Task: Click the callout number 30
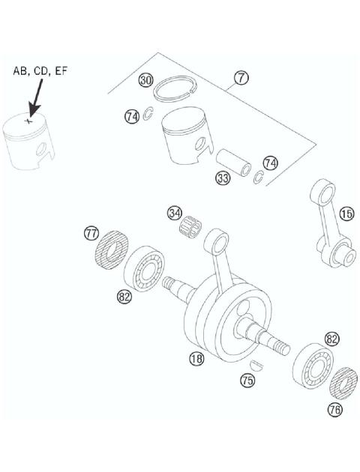pos(146,80)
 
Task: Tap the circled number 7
pos(241,77)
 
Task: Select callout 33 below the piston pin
pos(223,178)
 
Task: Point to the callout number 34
pos(175,214)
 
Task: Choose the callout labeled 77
pos(91,235)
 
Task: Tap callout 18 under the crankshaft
pos(196,359)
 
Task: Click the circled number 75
pos(247,381)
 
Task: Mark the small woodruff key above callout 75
pos(255,366)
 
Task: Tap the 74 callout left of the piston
pos(133,116)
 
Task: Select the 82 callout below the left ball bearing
pos(124,296)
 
